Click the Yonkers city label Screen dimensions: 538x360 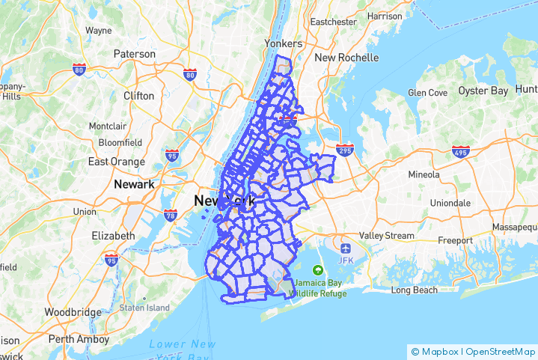283,43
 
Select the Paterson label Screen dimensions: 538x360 135,54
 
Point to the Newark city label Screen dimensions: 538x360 134,184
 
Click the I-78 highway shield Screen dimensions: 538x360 170,216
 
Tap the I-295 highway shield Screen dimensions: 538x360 345,149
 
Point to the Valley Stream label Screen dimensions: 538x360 386,236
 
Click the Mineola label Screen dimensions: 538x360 424,174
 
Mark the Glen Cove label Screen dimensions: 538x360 427,93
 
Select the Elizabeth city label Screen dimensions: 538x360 113,236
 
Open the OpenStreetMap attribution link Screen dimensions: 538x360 499,351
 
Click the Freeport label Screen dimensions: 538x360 455,241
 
